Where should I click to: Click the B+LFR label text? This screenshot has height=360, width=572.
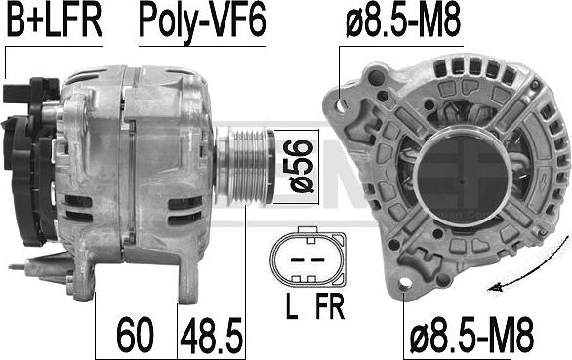pos(55,20)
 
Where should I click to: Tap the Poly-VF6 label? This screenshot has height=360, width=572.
pos(202,22)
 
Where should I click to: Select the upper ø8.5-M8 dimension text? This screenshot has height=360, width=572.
pos(403,20)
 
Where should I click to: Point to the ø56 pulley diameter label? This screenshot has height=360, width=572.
pos(302,166)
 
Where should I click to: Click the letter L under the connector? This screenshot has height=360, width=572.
pos(292,306)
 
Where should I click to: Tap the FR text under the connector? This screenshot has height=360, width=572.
pos(330,306)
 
